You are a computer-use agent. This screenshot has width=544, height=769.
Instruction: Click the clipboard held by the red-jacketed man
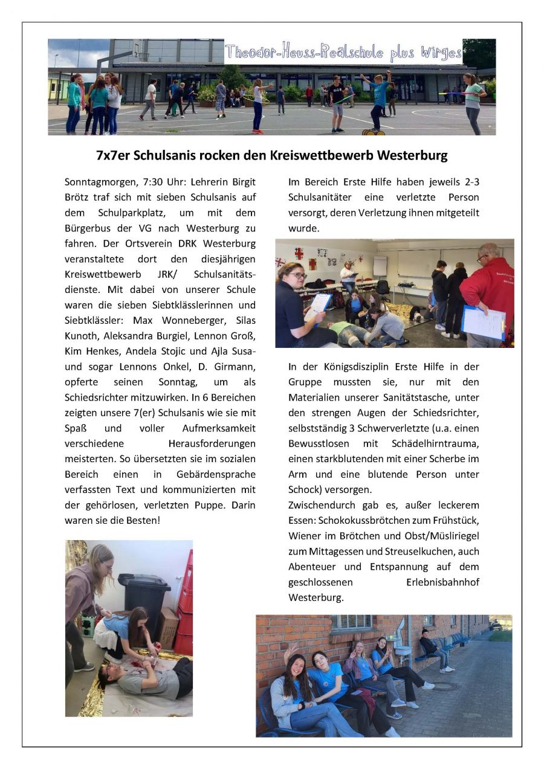tap(483, 322)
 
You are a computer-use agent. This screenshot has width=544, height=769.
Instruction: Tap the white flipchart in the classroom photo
tap(380, 266)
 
